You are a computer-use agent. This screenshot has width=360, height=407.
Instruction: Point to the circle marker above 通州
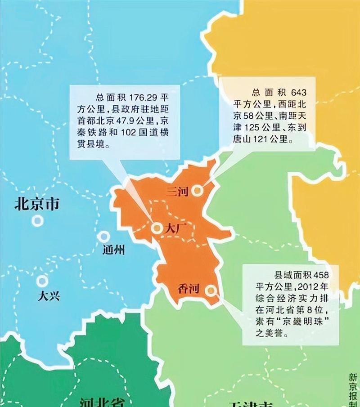(x=105, y=236)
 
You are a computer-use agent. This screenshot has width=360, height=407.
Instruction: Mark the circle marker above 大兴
(x=42, y=281)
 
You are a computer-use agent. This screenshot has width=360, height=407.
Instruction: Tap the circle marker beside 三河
(x=196, y=191)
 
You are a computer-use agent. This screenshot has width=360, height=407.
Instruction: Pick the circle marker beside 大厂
(x=157, y=228)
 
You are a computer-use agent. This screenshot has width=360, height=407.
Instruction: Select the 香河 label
(x=189, y=289)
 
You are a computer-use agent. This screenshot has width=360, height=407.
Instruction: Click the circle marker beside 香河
(x=210, y=291)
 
